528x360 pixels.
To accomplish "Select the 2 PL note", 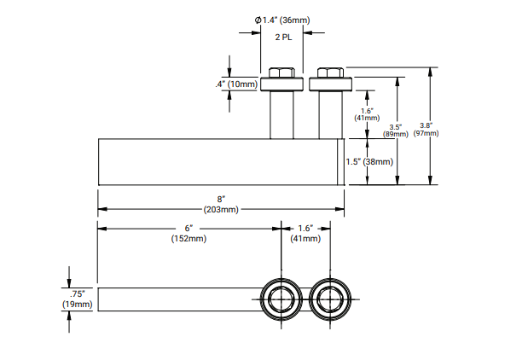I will click(282, 38).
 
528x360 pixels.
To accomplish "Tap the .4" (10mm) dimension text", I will click(235, 84).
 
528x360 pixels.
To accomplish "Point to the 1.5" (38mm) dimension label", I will click(369, 162).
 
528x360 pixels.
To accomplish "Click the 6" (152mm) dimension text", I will click(189, 233).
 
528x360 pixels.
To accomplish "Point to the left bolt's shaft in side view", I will click(282, 115).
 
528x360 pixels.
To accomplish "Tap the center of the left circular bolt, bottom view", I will click(281, 299).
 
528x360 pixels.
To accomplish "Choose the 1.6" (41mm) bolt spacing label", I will click(306, 233).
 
